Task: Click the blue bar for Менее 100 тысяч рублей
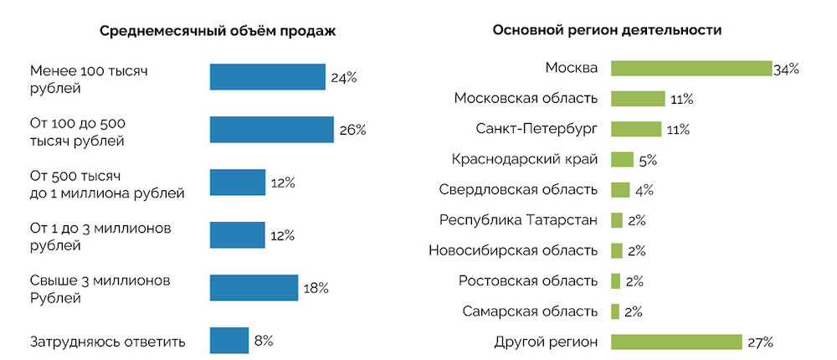coord(267,77)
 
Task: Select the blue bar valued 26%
coord(271,130)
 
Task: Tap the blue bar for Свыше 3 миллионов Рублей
coord(254,287)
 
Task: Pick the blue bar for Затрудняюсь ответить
coord(229,341)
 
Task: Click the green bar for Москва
coord(691,69)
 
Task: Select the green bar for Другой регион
coord(676,342)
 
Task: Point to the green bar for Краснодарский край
coord(622,159)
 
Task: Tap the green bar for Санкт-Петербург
coord(638,129)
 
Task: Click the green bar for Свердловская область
coord(620,189)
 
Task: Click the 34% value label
coord(786,69)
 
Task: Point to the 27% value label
coord(760,342)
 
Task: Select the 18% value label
coord(316,288)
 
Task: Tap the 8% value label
coord(264,341)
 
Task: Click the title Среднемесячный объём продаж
coord(217,32)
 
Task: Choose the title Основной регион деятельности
coord(608,30)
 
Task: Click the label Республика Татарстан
coord(518,220)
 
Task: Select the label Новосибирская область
coord(512,250)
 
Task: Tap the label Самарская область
coord(530,311)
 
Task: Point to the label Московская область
coord(526,99)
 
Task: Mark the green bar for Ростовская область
coord(616,280)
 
